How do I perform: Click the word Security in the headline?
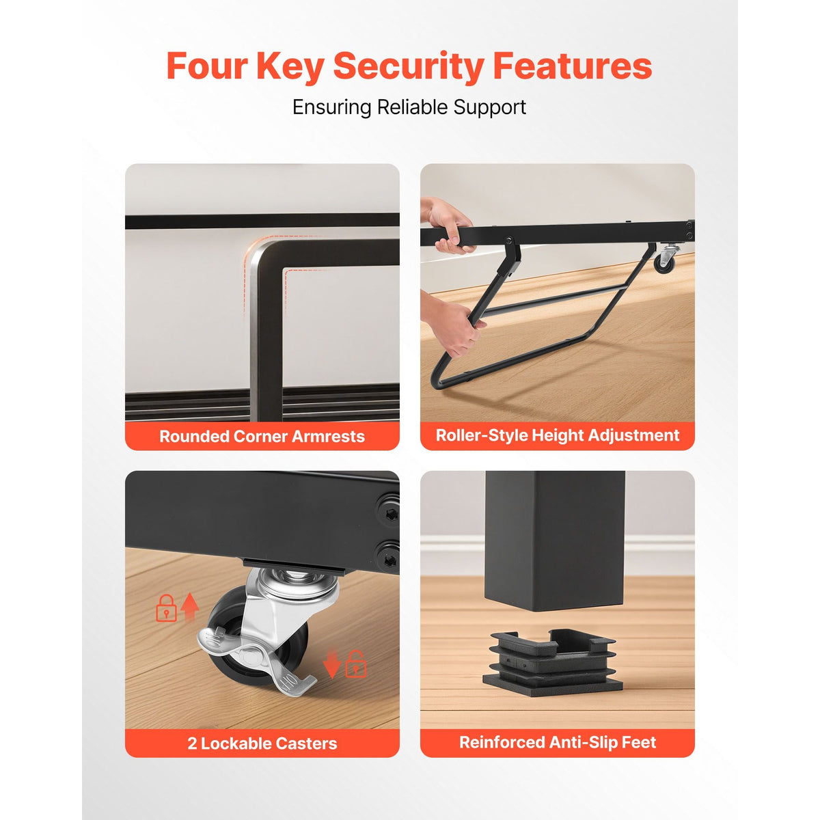[x=409, y=67]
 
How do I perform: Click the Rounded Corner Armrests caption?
[x=262, y=437]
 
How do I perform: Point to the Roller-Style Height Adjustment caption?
[x=558, y=435]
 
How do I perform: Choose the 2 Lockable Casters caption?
[x=262, y=743]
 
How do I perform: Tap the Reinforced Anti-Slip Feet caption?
[x=558, y=742]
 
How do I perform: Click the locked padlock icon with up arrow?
[x=166, y=608]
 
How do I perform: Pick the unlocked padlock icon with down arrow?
[x=356, y=664]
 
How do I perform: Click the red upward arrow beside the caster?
[x=190, y=607]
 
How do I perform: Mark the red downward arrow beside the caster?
[x=332, y=663]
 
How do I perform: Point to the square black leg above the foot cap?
[x=555, y=541]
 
